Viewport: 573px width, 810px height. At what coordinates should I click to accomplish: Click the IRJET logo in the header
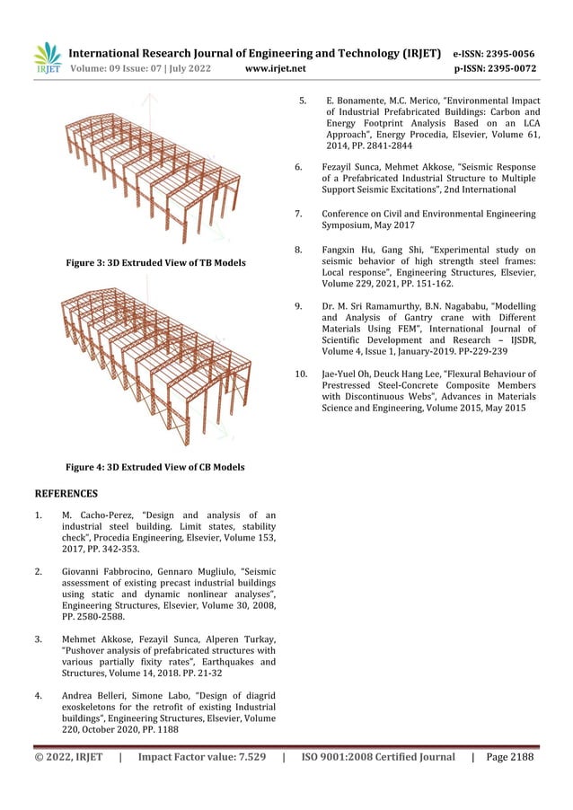coord(47,57)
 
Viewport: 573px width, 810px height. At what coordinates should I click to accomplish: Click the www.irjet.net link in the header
coord(276,67)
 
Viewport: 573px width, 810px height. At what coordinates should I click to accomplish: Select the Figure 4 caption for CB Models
coord(155,467)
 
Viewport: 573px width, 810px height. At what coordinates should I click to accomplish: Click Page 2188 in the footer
coord(507,757)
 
